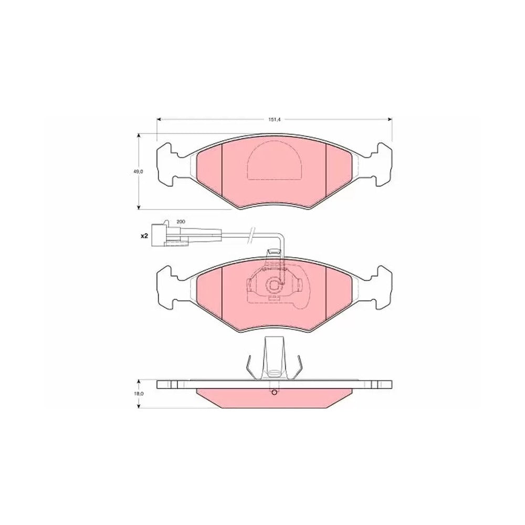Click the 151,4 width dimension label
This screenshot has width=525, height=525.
[274, 120]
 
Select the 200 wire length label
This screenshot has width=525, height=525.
[181, 222]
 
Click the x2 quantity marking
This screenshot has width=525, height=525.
[144, 236]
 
